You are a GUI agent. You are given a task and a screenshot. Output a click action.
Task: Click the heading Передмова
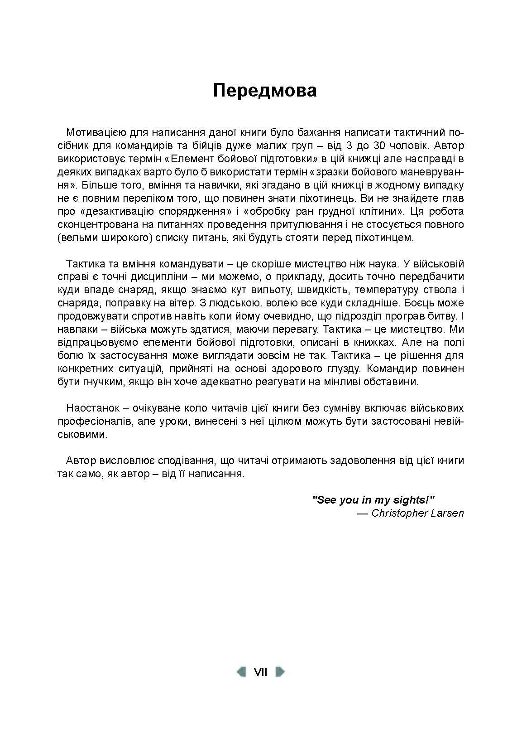pos(265,91)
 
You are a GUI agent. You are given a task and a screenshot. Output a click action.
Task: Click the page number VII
pos(261,672)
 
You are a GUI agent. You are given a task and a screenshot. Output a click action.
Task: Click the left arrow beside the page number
pos(242,672)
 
